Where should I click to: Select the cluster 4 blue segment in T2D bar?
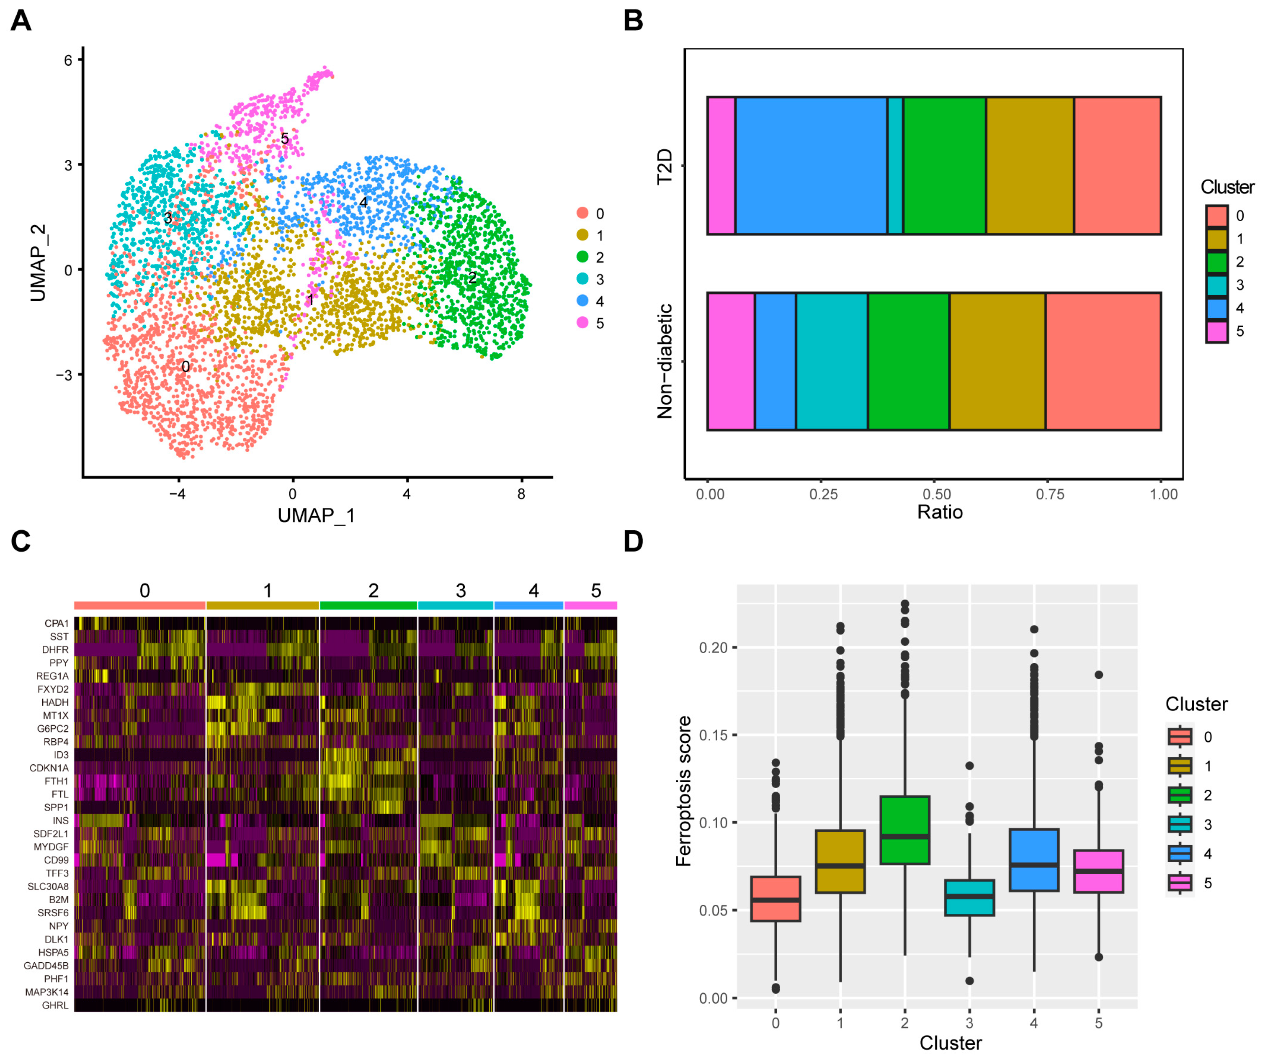coord(811,165)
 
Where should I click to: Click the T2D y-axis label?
coord(665,167)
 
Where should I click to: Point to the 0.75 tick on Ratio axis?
coord(1049,495)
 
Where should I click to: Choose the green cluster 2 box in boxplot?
coord(904,830)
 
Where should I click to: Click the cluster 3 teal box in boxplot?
coord(969,897)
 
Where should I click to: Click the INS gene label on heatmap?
coord(60,821)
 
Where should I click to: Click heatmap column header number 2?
coord(373,591)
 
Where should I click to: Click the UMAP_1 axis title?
coord(316,516)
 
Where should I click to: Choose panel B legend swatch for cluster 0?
coord(1216,215)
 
